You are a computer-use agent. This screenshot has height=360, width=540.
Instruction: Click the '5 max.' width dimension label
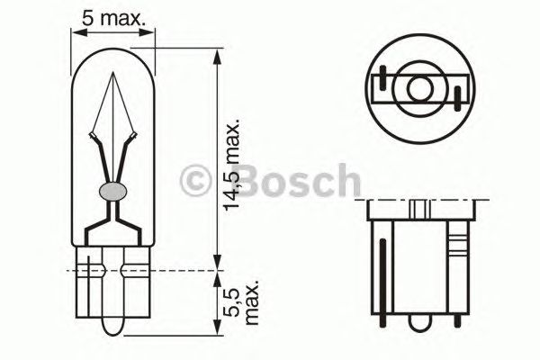112,15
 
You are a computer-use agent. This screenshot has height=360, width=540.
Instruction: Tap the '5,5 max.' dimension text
237,302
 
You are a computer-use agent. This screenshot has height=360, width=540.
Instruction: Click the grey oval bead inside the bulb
112,191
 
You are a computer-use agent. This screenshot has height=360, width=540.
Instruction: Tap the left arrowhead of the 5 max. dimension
76,33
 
